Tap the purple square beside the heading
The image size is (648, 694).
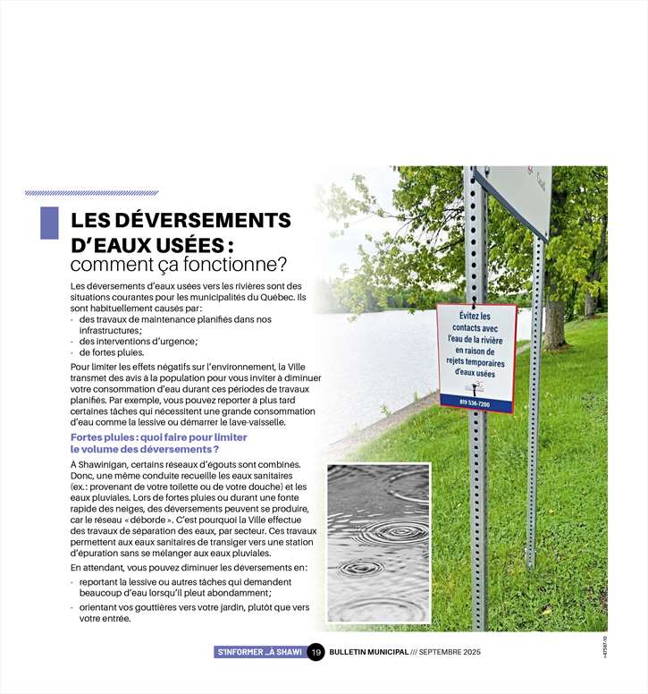tap(49, 223)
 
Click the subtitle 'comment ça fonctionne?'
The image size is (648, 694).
tap(178, 265)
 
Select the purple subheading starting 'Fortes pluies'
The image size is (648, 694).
tap(158, 443)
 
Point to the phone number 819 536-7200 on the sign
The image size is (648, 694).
tap(475, 403)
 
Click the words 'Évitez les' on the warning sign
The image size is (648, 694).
tap(475, 317)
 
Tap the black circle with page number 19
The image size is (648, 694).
tap(316, 652)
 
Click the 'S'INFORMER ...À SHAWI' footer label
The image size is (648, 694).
tap(259, 652)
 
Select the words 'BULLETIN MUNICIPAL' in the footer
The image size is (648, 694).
tap(369, 652)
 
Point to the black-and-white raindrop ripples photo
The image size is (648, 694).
tap(378, 542)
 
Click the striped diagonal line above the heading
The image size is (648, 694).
tap(92, 192)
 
